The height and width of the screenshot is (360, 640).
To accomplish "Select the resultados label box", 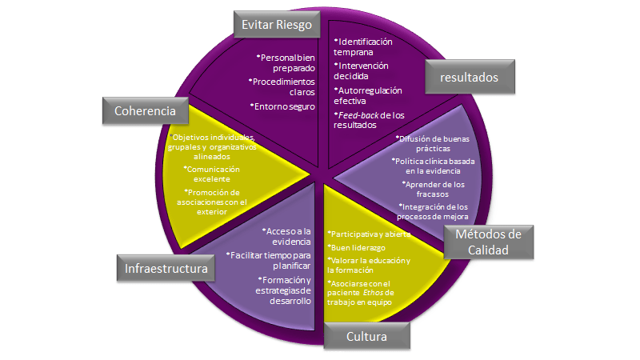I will [x=470, y=78].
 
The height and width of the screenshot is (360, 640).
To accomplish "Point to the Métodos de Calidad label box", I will [x=488, y=242].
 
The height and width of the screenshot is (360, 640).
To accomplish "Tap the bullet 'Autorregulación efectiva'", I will [x=367, y=96].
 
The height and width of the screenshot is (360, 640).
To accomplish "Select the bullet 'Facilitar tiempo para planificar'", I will [x=269, y=260].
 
